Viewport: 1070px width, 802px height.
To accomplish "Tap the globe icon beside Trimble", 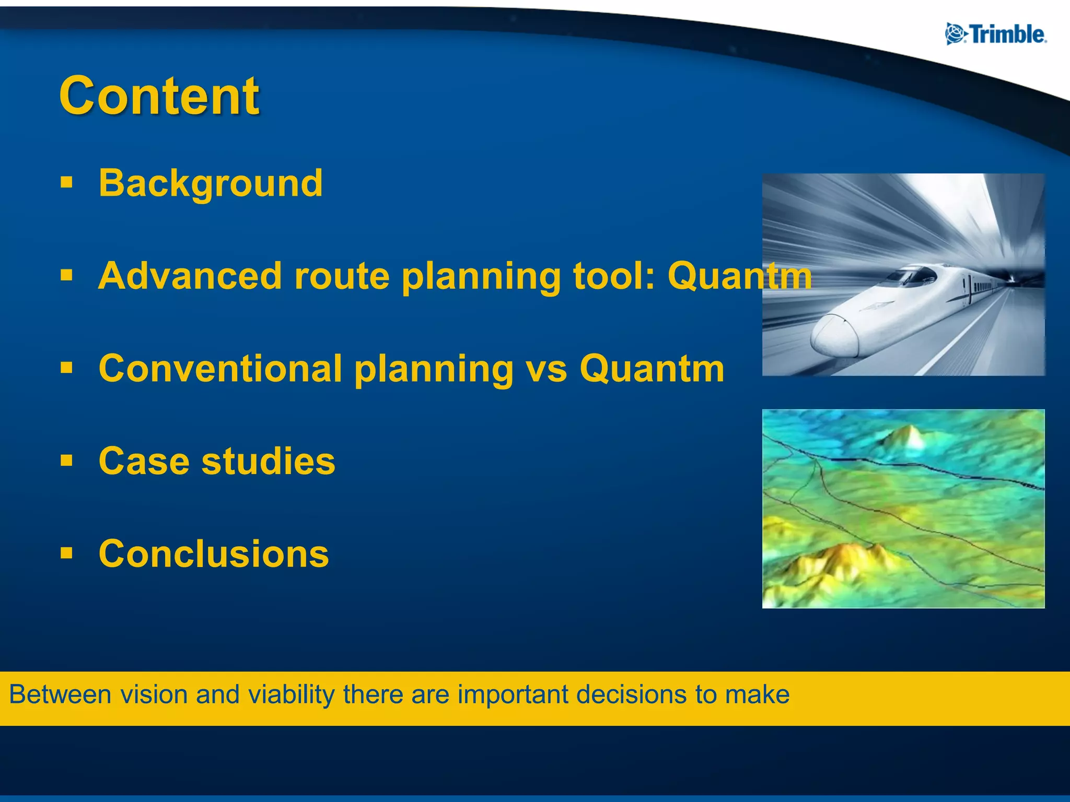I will pos(956,34).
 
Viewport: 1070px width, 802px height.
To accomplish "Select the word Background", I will pos(211,183).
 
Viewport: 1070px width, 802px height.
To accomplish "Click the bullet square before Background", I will pos(66,183).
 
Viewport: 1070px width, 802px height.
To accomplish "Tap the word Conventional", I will pos(220,369).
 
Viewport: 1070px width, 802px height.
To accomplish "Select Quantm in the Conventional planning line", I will pos(652,369).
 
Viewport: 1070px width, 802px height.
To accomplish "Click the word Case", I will pos(144,462).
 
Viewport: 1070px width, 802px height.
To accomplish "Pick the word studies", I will pos(269,462).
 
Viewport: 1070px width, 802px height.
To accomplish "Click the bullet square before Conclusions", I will pos(66,553).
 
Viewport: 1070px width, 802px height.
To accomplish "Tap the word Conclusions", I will pos(214,554).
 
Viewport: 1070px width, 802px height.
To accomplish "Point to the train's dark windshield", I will pos(912,275).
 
